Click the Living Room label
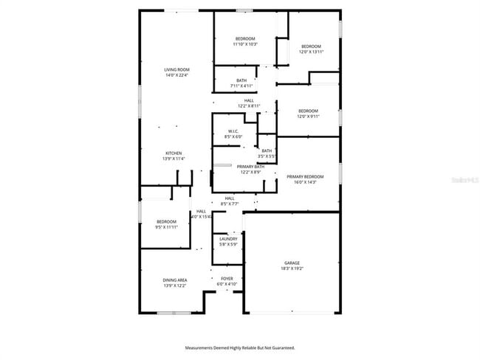[x=176, y=69]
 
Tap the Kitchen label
[x=174, y=153]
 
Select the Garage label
[x=292, y=262]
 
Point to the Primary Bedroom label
[x=305, y=176]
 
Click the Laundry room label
[x=228, y=239]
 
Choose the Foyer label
[x=227, y=278]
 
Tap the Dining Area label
[x=175, y=280]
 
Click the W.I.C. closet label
[x=232, y=131]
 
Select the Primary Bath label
[x=250, y=167]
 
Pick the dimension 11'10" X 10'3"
[x=245, y=44]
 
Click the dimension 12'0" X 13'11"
[x=311, y=51]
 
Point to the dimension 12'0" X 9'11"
[x=308, y=116]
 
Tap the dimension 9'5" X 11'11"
[x=167, y=226]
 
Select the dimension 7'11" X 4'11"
[x=241, y=86]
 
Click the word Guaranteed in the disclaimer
[x=281, y=347]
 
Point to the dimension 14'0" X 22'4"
[x=176, y=75]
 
